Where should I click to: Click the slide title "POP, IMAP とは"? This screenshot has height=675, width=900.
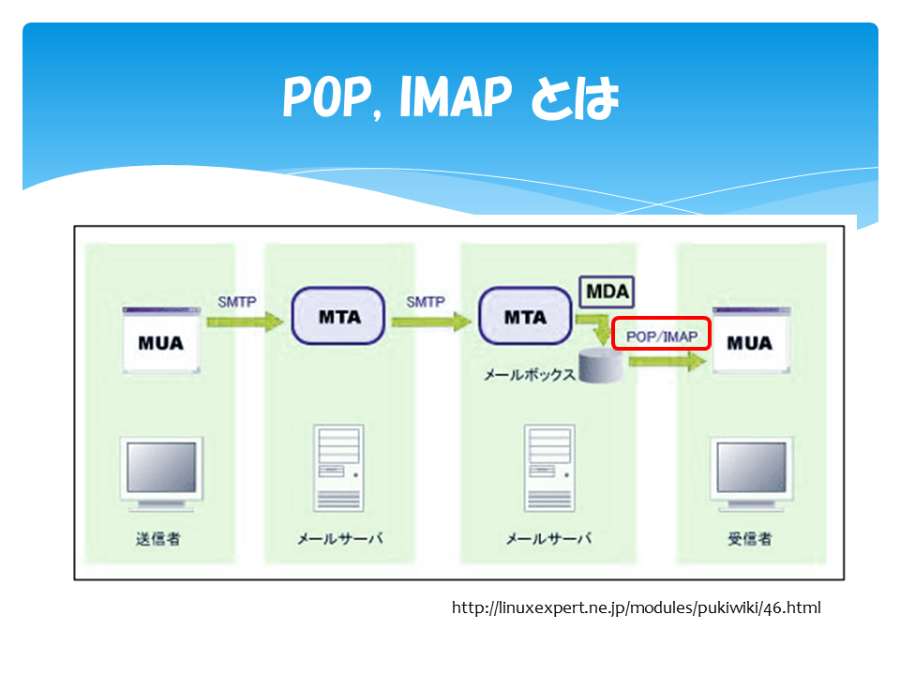[451, 97]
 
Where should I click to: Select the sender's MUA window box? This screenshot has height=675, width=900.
[161, 340]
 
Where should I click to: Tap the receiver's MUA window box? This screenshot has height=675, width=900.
[751, 340]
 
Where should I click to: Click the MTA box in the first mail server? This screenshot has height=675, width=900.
[338, 316]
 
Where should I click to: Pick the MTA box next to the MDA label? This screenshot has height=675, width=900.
[525, 316]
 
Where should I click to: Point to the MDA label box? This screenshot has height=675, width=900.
[607, 292]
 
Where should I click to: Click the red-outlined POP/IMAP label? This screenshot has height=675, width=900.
[661, 334]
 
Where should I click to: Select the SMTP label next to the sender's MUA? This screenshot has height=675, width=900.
[237, 302]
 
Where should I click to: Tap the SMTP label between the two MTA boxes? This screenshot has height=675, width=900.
[426, 302]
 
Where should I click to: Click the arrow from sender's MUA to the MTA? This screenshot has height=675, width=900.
[245, 322]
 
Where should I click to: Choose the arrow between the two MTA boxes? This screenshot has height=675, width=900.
[431, 322]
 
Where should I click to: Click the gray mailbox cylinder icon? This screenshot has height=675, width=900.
[601, 366]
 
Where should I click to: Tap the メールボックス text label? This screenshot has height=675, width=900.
[529, 375]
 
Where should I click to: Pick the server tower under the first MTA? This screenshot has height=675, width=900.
[338, 468]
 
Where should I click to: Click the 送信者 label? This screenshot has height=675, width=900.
[157, 538]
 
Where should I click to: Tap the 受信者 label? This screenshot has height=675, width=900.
[750, 538]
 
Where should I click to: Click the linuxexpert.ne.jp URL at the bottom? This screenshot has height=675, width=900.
[636, 607]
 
